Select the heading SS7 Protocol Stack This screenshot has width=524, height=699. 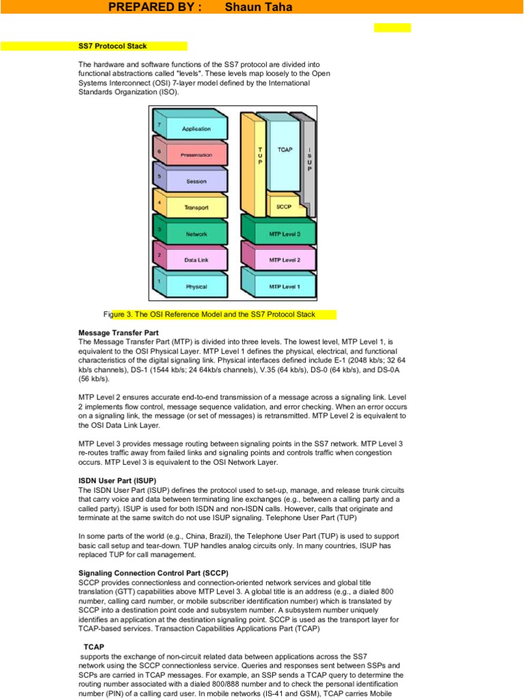point(113,46)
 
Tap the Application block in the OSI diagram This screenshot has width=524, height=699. point(196,128)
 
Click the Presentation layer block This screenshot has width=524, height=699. point(196,155)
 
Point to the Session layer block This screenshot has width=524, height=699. point(196,182)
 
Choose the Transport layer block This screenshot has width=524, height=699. point(196,208)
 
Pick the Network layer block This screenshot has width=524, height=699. point(196,234)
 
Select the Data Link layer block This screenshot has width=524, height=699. point(196,260)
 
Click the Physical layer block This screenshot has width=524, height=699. point(196,287)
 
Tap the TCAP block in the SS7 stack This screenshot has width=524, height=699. point(285,150)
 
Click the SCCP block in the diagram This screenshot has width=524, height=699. point(285,206)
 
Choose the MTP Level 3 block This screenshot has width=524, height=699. point(284,234)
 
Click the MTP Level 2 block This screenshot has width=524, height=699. point(284,260)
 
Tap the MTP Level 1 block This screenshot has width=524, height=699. point(284,287)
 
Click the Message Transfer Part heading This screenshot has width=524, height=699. point(119,332)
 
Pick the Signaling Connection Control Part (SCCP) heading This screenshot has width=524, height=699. point(154,572)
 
